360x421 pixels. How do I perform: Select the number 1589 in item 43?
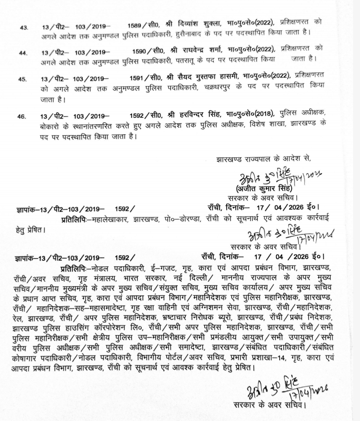[135, 22]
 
